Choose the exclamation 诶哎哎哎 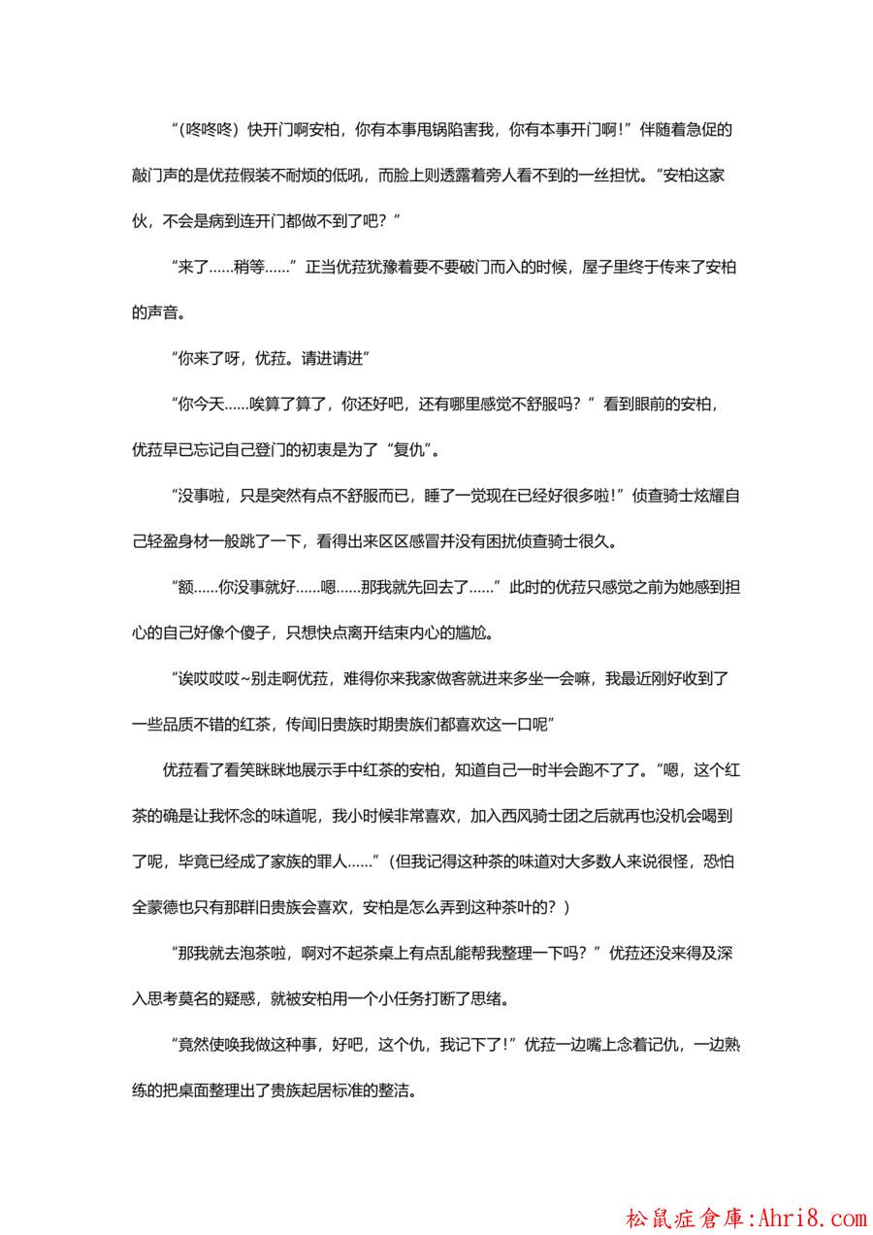(x=210, y=677)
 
